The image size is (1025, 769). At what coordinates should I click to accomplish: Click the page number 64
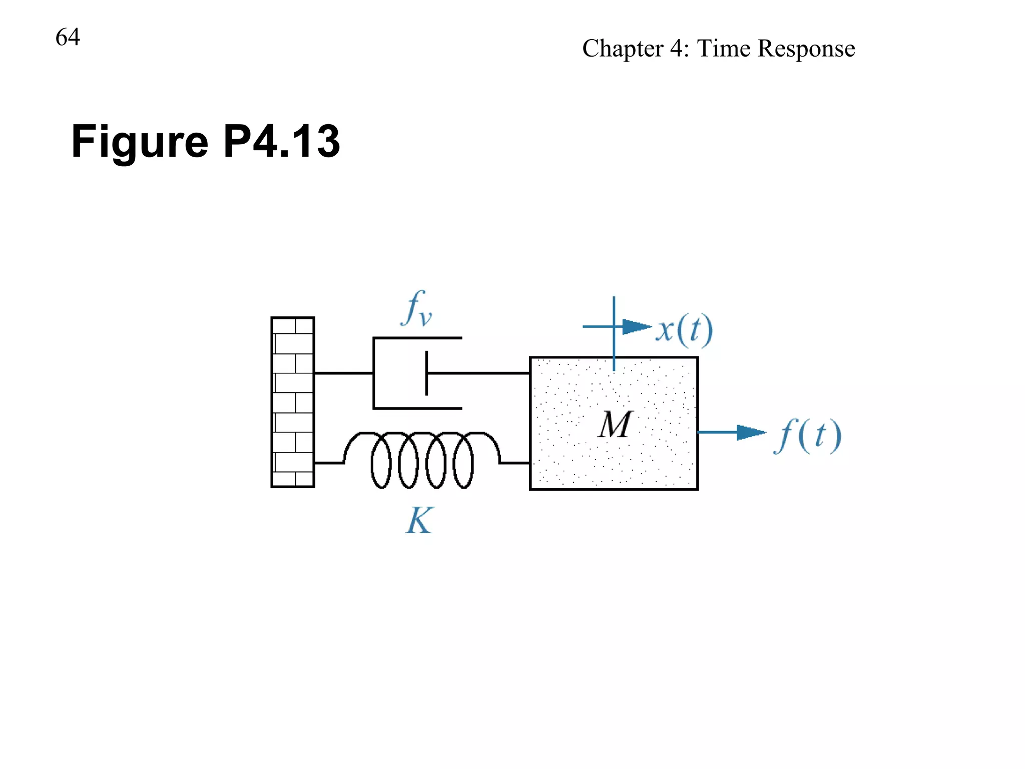pos(68,37)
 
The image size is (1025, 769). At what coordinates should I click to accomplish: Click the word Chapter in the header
pos(623,49)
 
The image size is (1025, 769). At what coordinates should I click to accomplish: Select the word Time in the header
pos(723,49)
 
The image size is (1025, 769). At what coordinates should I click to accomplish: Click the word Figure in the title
pos(140,142)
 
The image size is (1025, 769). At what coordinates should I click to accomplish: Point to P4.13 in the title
pos(281,141)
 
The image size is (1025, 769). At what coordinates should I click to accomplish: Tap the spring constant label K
pos(419,521)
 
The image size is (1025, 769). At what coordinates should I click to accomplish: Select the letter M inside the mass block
pos(615,425)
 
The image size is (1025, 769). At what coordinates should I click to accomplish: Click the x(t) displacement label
pos(684,330)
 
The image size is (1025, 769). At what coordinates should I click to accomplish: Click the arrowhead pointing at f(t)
pos(751,432)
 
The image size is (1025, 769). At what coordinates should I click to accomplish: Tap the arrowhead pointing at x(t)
pos(636,327)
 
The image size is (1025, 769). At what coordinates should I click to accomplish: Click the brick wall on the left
pos(293,402)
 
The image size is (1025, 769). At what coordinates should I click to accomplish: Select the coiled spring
pos(422,459)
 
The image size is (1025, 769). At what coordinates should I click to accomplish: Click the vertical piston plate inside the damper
pos(426,373)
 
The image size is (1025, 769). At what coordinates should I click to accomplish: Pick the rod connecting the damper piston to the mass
pos(478,373)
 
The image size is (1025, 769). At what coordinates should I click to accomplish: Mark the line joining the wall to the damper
pos(343,373)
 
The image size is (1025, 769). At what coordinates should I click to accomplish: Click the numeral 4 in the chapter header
pos(676,49)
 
